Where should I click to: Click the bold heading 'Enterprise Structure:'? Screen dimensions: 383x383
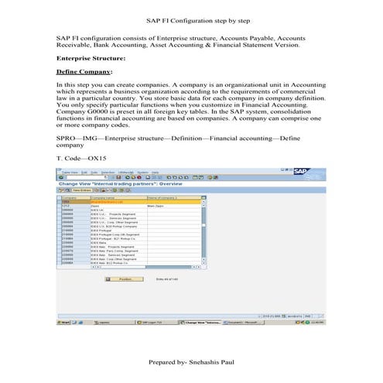pyautogui.click(x=91, y=59)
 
